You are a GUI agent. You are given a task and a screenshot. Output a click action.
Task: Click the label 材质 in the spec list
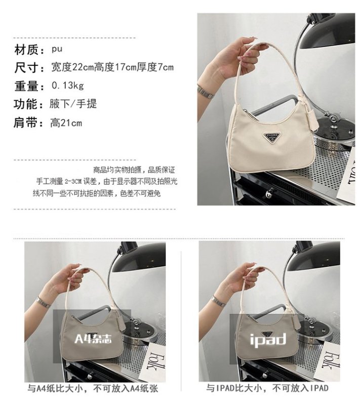(x=27, y=49)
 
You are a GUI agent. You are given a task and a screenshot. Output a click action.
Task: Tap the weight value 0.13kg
(x=68, y=85)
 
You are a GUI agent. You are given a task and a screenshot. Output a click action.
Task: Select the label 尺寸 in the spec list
(x=27, y=67)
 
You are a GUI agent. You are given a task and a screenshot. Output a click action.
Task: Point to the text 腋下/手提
(x=73, y=104)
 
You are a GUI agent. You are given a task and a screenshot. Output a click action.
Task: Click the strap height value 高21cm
(x=66, y=123)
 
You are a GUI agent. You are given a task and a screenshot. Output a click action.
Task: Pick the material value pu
(x=57, y=49)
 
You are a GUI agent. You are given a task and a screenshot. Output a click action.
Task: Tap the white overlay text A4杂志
(x=93, y=339)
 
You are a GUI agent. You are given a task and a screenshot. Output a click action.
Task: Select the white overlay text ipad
(x=268, y=339)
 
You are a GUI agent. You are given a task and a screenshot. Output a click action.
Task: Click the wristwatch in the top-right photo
(x=205, y=91)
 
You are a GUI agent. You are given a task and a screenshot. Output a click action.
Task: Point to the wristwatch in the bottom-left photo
(x=43, y=302)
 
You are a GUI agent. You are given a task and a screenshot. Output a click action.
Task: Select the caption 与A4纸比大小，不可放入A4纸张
(x=93, y=388)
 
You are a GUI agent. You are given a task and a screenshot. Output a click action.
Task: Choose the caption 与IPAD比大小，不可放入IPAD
(x=267, y=388)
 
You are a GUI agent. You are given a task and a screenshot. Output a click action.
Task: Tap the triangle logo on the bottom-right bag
(x=268, y=333)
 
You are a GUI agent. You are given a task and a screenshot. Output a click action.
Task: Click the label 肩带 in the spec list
(x=27, y=123)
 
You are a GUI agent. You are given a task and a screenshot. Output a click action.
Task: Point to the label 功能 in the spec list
(x=27, y=104)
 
